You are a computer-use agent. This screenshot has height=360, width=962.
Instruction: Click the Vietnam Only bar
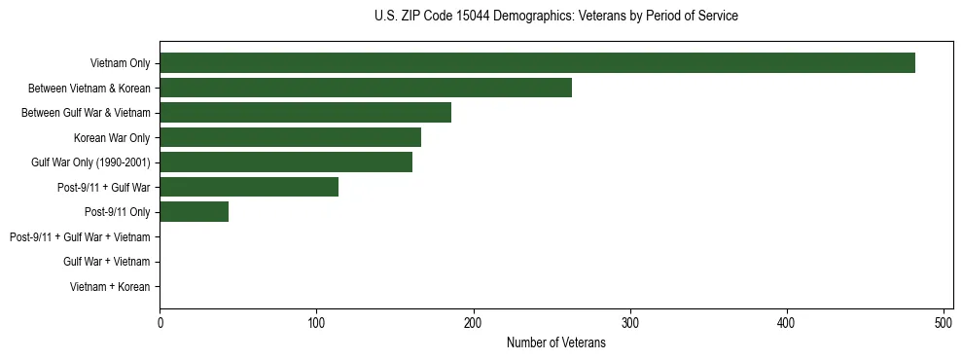click(537, 63)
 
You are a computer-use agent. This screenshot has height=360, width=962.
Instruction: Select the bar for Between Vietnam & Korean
click(366, 88)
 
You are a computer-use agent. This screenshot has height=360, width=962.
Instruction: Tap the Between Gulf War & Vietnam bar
click(305, 113)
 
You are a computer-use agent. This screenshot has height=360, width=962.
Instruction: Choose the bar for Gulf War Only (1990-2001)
click(286, 162)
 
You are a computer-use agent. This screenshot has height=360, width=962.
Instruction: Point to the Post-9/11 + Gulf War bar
click(249, 187)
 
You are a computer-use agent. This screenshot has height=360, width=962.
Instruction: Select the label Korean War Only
click(111, 137)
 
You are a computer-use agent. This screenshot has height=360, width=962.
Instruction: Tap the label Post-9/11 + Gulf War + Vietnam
click(79, 236)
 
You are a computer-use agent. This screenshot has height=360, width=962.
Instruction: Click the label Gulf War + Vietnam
click(106, 262)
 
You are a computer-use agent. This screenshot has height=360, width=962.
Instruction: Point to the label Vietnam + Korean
click(110, 286)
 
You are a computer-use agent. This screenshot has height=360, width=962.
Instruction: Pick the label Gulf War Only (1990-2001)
click(90, 162)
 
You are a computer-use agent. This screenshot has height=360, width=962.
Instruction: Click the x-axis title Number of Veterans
click(555, 342)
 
